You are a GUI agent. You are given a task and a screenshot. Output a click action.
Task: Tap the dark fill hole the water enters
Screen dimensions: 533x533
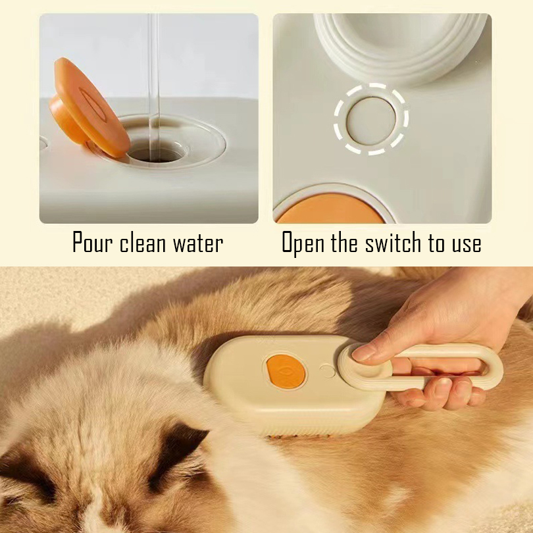point(157,152)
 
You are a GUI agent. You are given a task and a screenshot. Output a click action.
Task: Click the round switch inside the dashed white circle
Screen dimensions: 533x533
point(371,120)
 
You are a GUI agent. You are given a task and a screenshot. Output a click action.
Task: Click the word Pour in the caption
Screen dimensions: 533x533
point(92,243)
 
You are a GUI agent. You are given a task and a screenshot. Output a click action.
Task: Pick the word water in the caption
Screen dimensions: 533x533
point(198,243)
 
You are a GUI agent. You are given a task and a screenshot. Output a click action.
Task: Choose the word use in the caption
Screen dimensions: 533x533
point(467,244)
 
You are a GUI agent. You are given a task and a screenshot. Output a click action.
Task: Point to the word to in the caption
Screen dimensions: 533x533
point(436,243)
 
